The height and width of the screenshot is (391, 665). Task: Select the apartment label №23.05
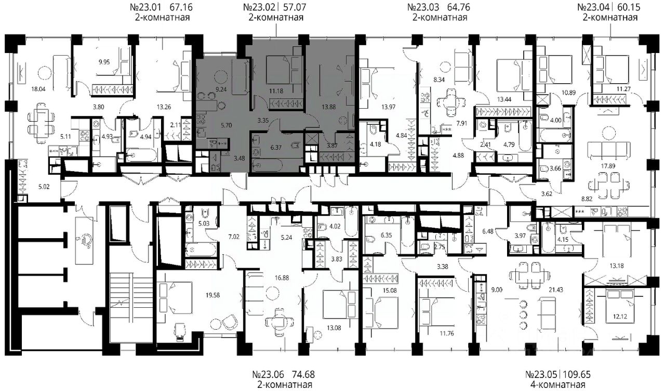[x=542, y=374]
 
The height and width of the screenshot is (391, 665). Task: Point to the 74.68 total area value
[x=303, y=374]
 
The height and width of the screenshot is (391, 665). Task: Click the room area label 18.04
[x=38, y=88]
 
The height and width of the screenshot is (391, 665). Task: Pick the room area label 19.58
[x=212, y=295]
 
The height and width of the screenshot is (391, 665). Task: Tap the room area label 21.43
[x=556, y=290]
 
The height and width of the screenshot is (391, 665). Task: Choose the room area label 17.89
[x=608, y=166]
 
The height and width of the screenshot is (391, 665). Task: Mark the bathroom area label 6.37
[x=276, y=147]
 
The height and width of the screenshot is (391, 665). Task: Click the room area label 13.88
[x=329, y=107]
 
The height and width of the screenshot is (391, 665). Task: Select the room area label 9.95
[x=104, y=62]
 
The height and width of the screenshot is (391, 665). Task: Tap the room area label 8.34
[x=439, y=80]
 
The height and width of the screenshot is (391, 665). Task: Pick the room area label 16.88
[x=282, y=278]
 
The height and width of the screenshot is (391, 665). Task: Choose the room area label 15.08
[x=390, y=290]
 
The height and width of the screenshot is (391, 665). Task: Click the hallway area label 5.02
[x=44, y=187]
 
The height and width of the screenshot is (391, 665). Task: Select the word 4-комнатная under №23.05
[x=557, y=385]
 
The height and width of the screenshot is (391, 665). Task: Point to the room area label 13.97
[x=388, y=107]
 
